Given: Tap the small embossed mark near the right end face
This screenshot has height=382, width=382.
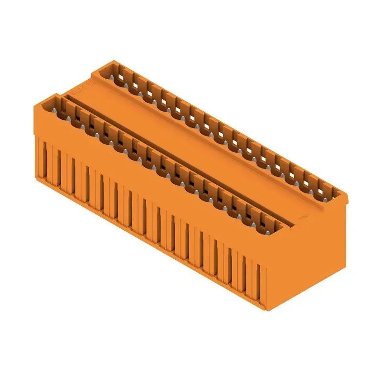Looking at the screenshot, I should click(302, 216).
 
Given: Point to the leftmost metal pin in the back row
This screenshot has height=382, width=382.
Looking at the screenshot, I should click(115, 76).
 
